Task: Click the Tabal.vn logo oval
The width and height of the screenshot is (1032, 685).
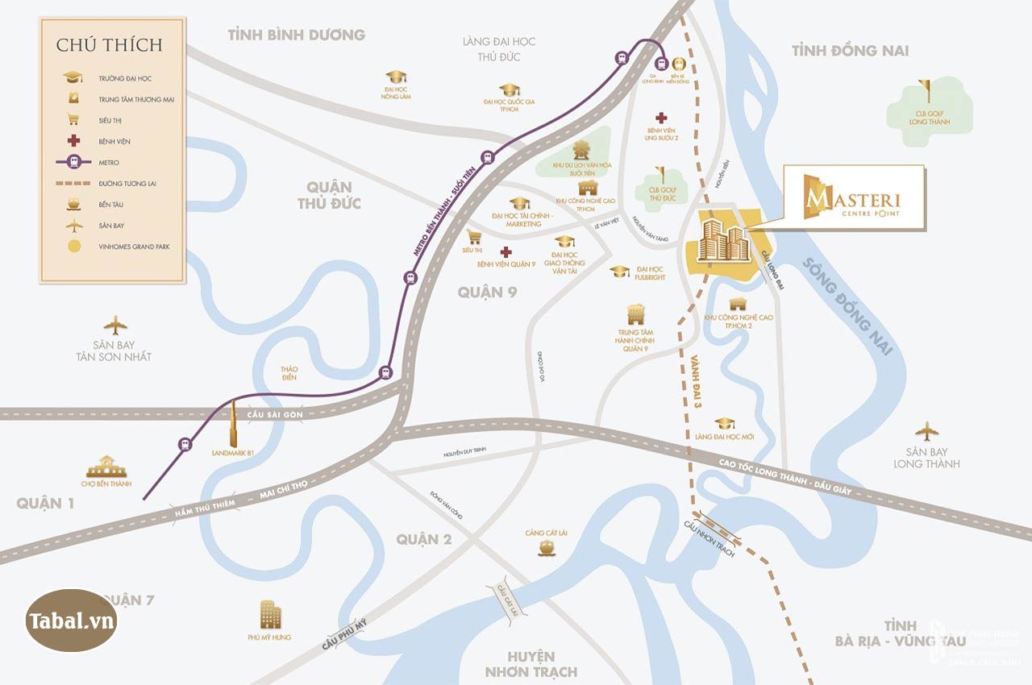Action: click(x=72, y=621)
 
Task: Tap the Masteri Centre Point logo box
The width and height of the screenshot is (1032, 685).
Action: click(x=854, y=197)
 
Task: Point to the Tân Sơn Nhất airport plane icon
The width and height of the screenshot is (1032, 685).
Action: click(x=115, y=326)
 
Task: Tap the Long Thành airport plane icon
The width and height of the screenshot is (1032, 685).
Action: click(x=926, y=430)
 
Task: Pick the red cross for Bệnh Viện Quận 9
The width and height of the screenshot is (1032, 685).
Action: click(x=506, y=251)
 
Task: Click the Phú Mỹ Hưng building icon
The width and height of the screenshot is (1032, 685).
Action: click(x=271, y=615)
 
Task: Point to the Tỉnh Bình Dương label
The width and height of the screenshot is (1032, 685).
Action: click(x=296, y=35)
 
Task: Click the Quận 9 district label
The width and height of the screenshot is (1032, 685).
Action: click(x=487, y=292)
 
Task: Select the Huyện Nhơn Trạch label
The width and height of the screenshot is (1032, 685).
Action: click(x=531, y=663)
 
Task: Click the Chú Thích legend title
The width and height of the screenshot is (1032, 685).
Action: click(x=109, y=44)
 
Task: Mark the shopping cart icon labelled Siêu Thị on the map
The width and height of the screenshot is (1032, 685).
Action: click(x=474, y=236)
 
